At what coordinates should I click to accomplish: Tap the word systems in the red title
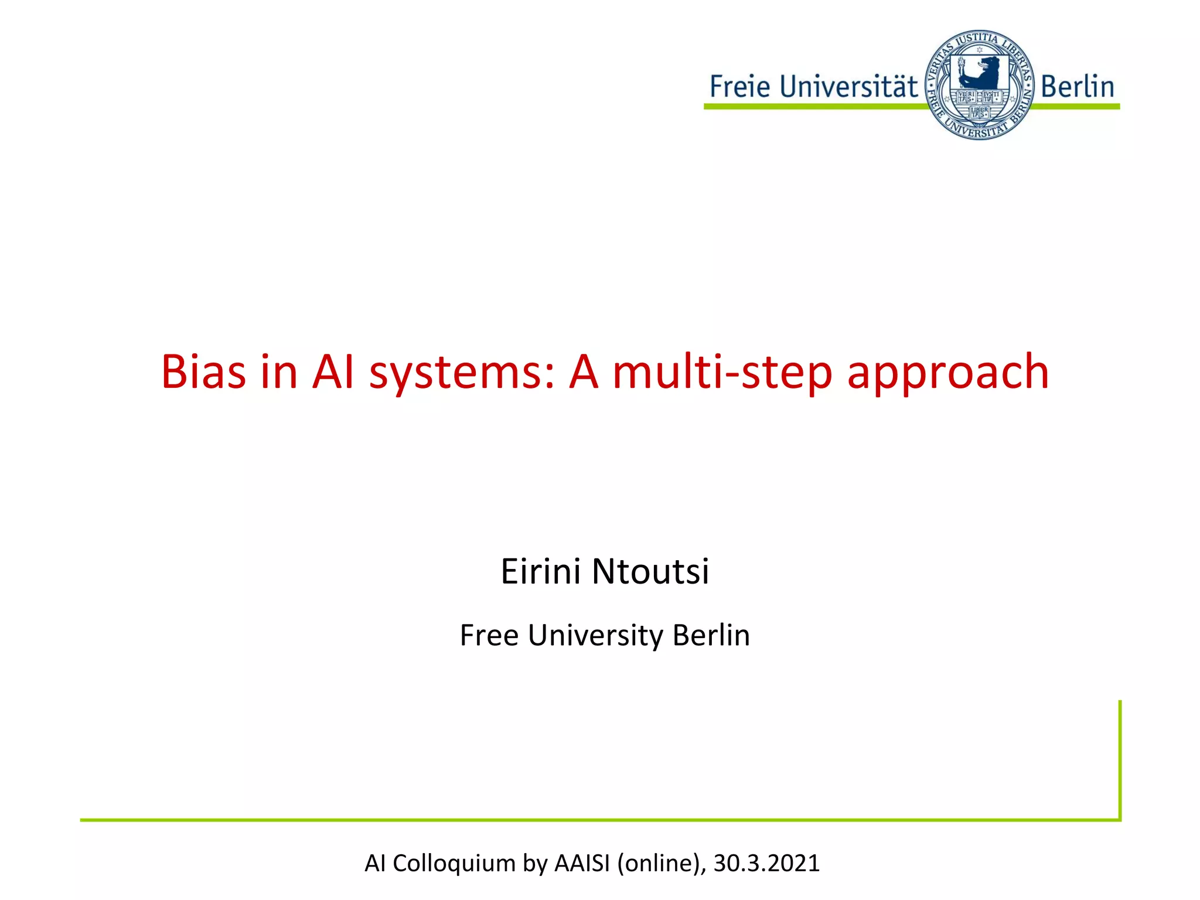[462, 373]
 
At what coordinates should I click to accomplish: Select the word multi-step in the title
[722, 373]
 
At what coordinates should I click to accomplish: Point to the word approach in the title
[947, 373]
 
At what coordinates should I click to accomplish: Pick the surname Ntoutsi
[650, 571]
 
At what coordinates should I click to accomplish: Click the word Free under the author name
[489, 635]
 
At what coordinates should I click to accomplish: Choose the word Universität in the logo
[849, 87]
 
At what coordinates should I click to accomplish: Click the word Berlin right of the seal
[1077, 87]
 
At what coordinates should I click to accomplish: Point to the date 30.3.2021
[766, 863]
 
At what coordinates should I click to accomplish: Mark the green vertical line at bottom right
[1120, 759]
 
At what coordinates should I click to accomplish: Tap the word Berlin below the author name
[711, 635]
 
